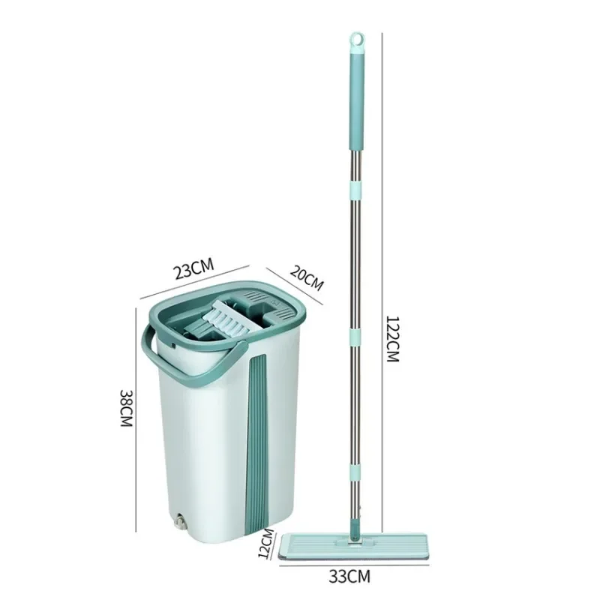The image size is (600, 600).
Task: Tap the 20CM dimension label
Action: (x=307, y=277)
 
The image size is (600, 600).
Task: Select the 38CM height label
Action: (x=126, y=408)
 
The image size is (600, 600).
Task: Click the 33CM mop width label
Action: (x=349, y=576)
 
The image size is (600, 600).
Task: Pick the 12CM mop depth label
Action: (x=267, y=543)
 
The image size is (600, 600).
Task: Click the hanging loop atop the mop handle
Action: (x=357, y=41)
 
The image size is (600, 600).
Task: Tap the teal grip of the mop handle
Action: (x=357, y=100)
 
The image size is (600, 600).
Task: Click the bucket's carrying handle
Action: (x=180, y=367)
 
